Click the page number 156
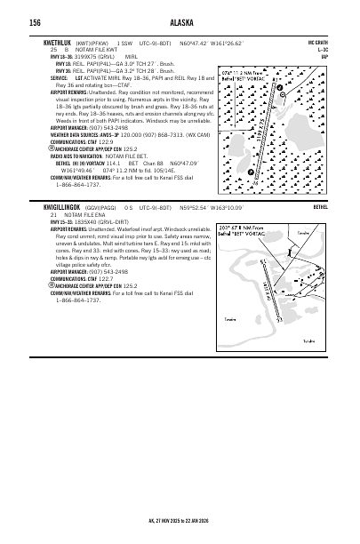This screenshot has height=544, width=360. click(x=36, y=22)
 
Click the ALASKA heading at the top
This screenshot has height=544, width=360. click(x=180, y=22)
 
